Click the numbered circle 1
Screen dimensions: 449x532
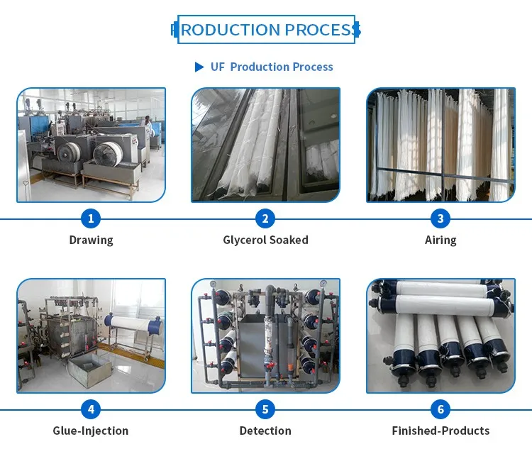pos(91,218)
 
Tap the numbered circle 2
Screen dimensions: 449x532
pos(265,218)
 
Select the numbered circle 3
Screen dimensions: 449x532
pos(440,218)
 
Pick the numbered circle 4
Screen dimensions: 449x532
pos(91,409)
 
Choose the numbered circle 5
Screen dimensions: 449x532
pos(265,409)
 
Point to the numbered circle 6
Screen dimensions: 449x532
pos(440,409)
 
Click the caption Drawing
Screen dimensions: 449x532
pos(91,240)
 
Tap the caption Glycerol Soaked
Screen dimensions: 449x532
pos(265,240)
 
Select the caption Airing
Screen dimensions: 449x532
pos(440,240)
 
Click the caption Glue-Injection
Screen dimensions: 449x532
pos(91,431)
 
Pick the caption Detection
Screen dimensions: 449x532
pos(265,431)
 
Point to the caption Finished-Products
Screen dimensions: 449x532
pos(440,431)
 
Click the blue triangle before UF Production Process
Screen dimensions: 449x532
pos(199,67)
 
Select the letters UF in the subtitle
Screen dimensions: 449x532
pos(218,67)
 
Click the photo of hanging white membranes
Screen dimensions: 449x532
pos(440,145)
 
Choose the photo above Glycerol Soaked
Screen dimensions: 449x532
pos(265,145)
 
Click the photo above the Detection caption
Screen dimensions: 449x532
pos(265,336)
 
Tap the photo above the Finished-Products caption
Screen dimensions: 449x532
pos(440,336)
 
